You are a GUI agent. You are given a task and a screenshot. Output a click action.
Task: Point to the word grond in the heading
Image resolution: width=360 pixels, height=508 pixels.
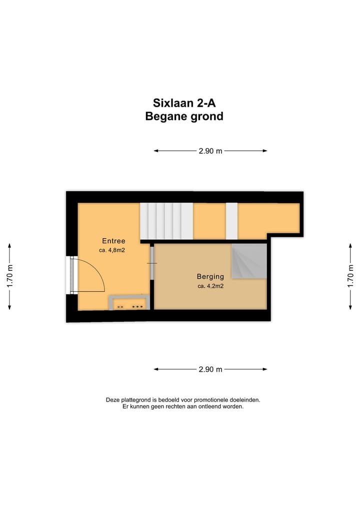coord(205,117)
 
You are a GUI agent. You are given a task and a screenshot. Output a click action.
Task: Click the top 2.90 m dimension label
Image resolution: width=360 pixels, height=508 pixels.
coord(210,151)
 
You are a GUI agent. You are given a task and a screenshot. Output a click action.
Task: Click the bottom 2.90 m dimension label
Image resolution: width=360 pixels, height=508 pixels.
coord(210,370)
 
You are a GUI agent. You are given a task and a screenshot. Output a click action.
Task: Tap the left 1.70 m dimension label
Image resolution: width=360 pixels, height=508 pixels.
coord(9,276)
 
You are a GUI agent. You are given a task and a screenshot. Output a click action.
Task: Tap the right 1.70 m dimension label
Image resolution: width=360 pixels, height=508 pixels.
coord(351,276)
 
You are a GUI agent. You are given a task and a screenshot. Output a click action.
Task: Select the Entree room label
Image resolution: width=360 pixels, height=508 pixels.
coord(113,241)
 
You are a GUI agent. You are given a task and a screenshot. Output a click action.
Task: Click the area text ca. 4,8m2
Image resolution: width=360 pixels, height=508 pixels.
coord(112,250)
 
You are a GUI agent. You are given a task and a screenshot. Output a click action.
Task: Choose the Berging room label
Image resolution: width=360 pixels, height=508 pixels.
coord(210,276)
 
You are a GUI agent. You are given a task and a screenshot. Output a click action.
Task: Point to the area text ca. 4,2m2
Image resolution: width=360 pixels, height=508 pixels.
coord(210,286)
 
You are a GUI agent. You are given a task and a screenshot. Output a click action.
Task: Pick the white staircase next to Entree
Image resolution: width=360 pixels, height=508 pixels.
coord(166,221)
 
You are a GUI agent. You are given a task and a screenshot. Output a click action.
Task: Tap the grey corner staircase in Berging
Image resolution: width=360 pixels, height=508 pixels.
coord(248,261)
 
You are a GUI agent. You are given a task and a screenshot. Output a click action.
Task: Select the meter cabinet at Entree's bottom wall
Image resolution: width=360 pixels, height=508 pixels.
coord(128,303)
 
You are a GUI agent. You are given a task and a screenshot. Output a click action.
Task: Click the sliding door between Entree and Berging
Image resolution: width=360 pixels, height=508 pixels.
coord(152,264)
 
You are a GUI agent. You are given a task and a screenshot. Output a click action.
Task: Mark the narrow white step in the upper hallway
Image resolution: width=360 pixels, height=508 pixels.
coord(231,221)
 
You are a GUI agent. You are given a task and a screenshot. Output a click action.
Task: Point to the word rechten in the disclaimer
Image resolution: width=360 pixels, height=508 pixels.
coord(181,407)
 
